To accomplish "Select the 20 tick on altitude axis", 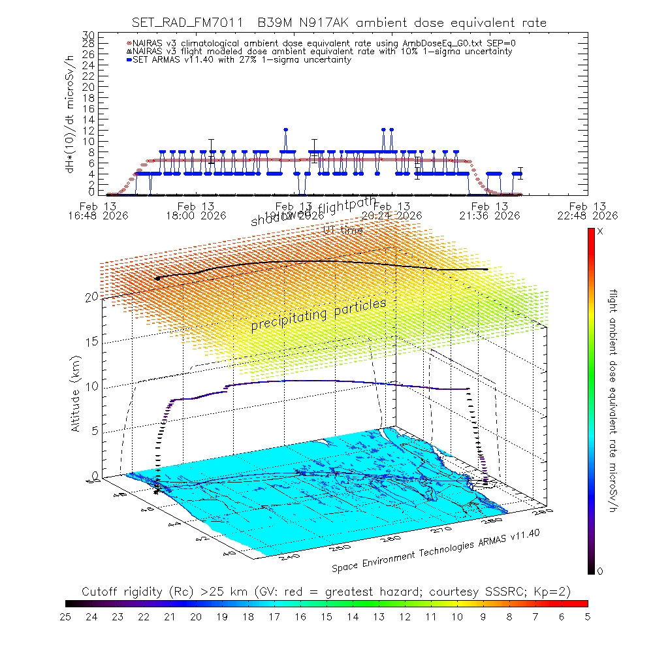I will point(91,297).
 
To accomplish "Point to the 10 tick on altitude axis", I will point(91,387).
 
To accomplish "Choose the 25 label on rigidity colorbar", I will point(66,616).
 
